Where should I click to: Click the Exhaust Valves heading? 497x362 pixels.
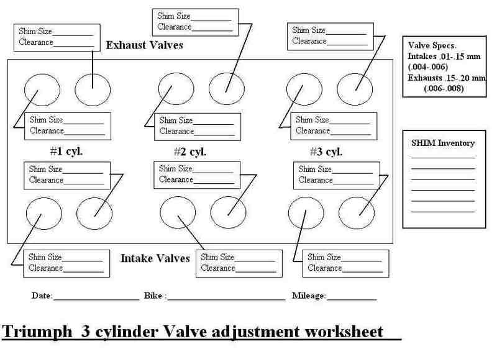pyautogui.click(x=144, y=45)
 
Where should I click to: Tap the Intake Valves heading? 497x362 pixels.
pyautogui.click(x=155, y=258)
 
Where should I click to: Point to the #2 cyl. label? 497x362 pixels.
pyautogui.click(x=189, y=152)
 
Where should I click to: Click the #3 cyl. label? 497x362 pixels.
pyautogui.click(x=326, y=152)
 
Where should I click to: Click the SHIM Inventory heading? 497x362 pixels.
pyautogui.click(x=443, y=143)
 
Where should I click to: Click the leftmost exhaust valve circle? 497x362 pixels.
pyautogui.click(x=42, y=89)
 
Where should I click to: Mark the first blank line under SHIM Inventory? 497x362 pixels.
pyautogui.click(x=443, y=157)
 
